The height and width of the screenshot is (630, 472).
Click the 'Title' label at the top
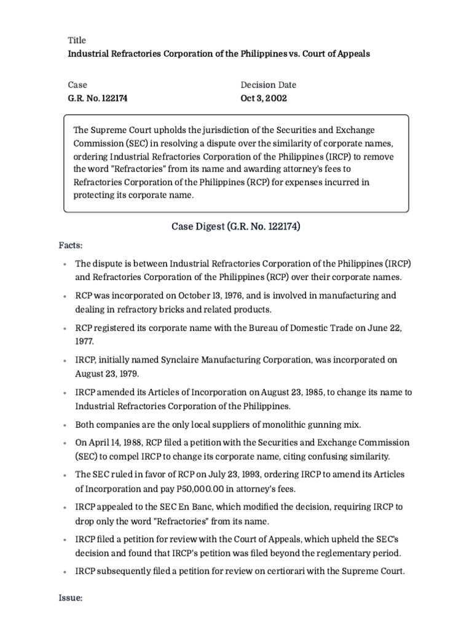pos(77,41)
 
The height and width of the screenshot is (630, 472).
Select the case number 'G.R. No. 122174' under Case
pos(98,98)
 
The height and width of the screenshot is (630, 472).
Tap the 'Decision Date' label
pos(268,85)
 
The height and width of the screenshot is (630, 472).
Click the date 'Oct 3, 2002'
pos(263,98)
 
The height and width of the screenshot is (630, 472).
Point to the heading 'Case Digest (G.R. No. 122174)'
pos(235,227)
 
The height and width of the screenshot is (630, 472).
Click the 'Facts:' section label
pos(71,245)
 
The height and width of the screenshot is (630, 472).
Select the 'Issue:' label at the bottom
pos(71,597)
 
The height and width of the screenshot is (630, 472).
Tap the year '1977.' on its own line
pos(85,341)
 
